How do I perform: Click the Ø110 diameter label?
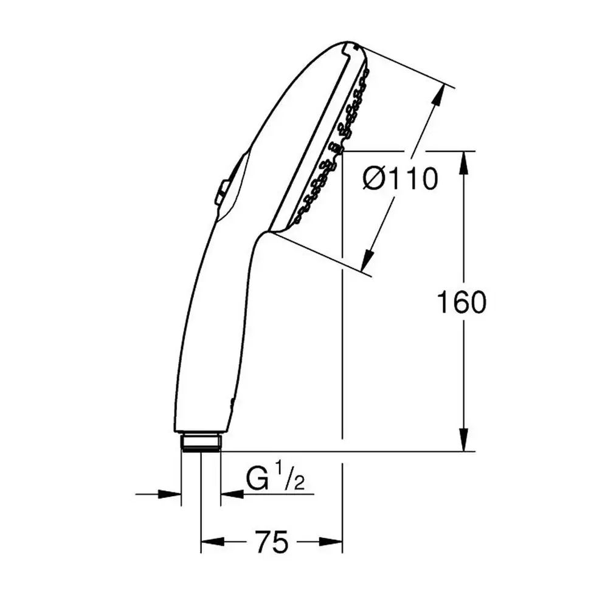pos(400,179)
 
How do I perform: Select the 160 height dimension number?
pos(461,302)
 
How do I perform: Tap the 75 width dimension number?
pos(272,542)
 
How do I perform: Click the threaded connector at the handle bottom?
pos(201,443)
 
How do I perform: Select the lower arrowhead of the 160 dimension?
pos(465,440)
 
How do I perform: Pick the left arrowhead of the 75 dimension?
pos(213,542)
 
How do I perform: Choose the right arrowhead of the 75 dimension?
pos(331,542)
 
